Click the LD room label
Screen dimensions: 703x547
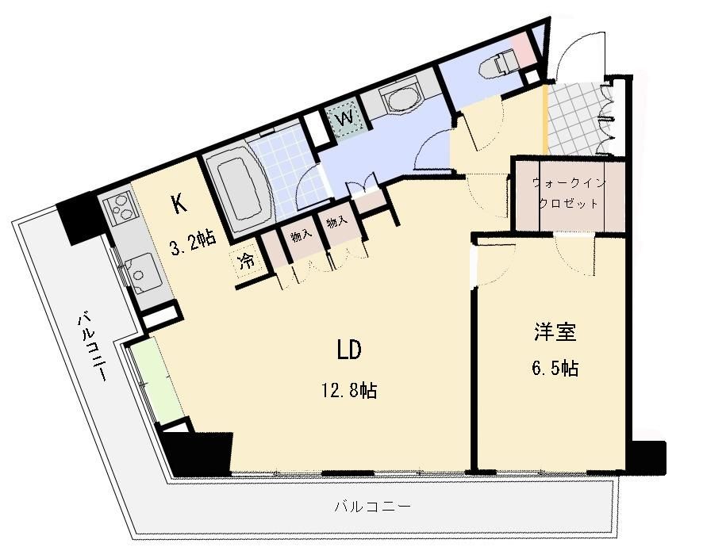coord(349,350)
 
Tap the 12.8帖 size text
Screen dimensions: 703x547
coord(349,390)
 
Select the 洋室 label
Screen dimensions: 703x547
coord(555,332)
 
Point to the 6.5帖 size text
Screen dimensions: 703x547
coord(555,368)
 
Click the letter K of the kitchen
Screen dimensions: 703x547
coord(179,205)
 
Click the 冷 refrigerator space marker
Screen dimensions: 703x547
coord(246,261)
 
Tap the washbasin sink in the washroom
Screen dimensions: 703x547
coord(401,98)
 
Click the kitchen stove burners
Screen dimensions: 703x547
coord(119,208)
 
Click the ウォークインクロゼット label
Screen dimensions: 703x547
coord(568,193)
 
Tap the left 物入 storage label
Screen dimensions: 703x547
coord(302,236)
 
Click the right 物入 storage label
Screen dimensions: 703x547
coord(337,222)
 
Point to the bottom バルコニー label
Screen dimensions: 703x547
coord(373,507)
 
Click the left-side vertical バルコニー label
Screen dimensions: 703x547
coord(92,347)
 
